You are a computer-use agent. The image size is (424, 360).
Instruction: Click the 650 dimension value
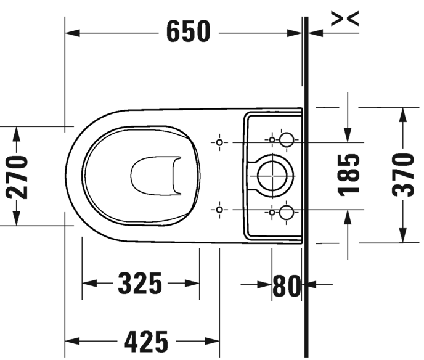click(x=188, y=31)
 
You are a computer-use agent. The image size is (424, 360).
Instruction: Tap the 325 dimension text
click(x=140, y=284)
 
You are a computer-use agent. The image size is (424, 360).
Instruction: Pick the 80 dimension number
click(x=286, y=285)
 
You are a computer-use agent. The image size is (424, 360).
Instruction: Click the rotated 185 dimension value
click(x=349, y=175)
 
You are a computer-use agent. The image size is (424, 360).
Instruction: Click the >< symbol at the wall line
click(x=344, y=20)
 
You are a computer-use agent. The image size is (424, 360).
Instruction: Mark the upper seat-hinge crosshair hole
click(x=219, y=142)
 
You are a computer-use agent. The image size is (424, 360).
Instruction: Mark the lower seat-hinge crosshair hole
click(x=219, y=210)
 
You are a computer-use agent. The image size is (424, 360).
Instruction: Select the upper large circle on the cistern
click(x=287, y=140)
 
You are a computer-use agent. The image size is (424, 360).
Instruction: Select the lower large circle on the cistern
click(x=287, y=213)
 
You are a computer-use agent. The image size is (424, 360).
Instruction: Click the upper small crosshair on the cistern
click(x=272, y=140)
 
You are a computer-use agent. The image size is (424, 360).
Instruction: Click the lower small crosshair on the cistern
click(x=272, y=213)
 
